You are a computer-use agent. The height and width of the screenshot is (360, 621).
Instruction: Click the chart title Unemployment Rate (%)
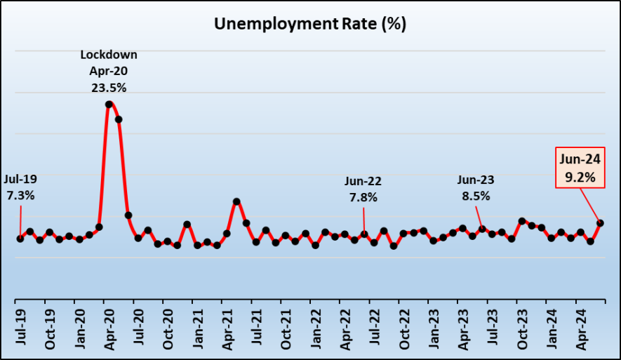click(x=310, y=25)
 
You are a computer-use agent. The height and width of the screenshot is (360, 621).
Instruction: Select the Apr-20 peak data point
click(x=109, y=105)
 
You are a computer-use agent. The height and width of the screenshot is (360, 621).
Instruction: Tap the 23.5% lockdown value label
click(x=109, y=88)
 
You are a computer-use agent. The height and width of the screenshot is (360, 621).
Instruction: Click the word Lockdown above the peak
click(x=109, y=54)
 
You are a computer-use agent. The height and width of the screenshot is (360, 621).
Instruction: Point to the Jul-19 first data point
click(x=20, y=239)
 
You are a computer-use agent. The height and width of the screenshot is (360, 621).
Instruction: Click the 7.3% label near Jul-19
click(x=20, y=196)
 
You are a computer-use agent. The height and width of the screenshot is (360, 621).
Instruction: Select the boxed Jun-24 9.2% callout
click(x=580, y=168)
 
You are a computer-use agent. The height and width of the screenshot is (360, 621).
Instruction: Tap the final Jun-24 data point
click(x=601, y=223)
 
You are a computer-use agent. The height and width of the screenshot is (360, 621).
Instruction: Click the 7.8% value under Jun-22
click(x=363, y=198)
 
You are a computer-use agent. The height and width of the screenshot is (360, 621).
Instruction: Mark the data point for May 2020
click(x=119, y=119)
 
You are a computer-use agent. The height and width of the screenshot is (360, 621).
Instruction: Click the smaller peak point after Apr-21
click(x=237, y=201)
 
